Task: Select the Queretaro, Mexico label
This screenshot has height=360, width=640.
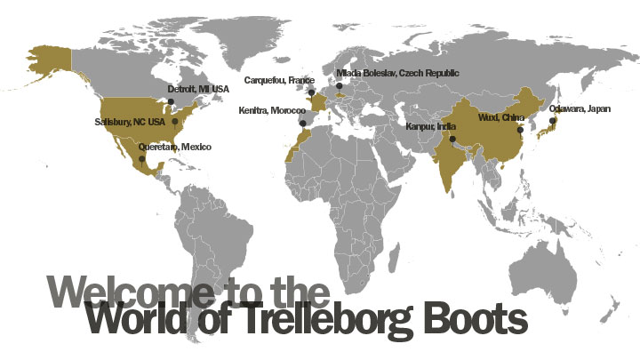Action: tap(175, 146)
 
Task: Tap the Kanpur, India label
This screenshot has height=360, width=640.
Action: tap(430, 126)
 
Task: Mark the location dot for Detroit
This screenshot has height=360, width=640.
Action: tap(171, 100)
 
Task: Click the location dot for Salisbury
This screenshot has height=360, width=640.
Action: tap(175, 121)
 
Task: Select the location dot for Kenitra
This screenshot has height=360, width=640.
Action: tap(302, 123)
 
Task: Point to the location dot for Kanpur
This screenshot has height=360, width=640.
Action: tap(452, 139)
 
